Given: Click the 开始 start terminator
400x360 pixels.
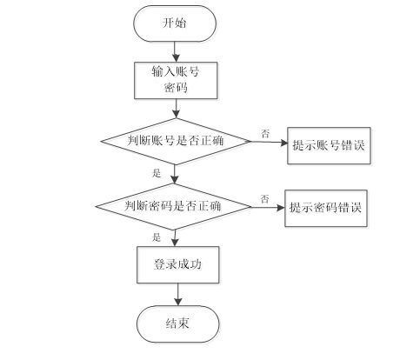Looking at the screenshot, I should [175, 23].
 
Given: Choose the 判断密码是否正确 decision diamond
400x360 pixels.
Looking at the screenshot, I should [175, 207].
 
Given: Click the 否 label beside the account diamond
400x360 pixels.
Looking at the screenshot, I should [264, 133].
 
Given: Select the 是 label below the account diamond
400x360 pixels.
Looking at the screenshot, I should [157, 173].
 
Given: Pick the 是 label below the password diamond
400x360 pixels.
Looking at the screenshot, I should [157, 237].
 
